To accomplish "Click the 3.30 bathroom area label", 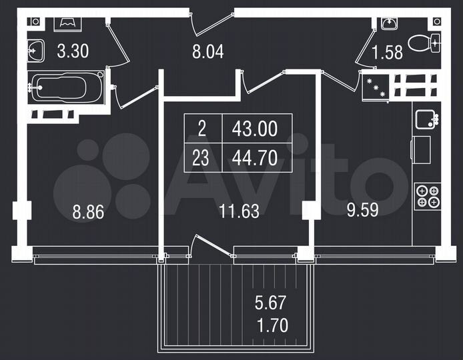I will [x=73, y=51].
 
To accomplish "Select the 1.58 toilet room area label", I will [x=387, y=53].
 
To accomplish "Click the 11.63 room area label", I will [x=239, y=213].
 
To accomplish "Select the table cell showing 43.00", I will [x=254, y=129].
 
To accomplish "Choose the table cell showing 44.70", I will [x=254, y=158].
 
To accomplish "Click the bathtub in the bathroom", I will [x=66, y=88].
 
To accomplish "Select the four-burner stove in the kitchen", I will [x=427, y=197].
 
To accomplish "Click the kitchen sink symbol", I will [x=426, y=120].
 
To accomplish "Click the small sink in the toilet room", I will [x=390, y=22].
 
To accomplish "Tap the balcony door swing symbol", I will [x=212, y=245].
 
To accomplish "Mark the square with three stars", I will [x=375, y=87].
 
